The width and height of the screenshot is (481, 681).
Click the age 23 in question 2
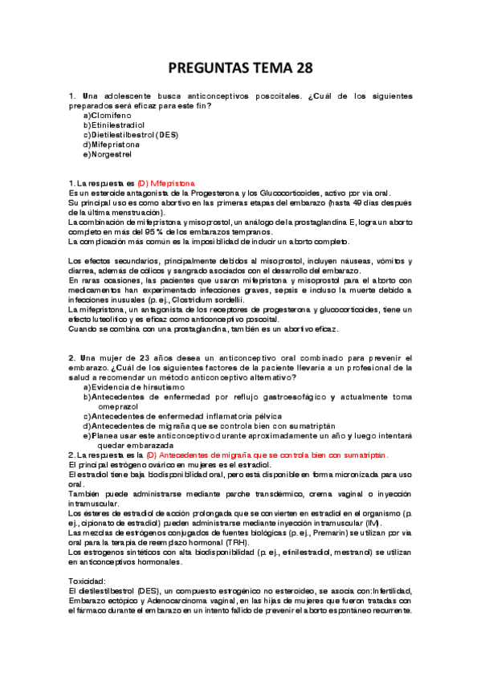tap(141, 357)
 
